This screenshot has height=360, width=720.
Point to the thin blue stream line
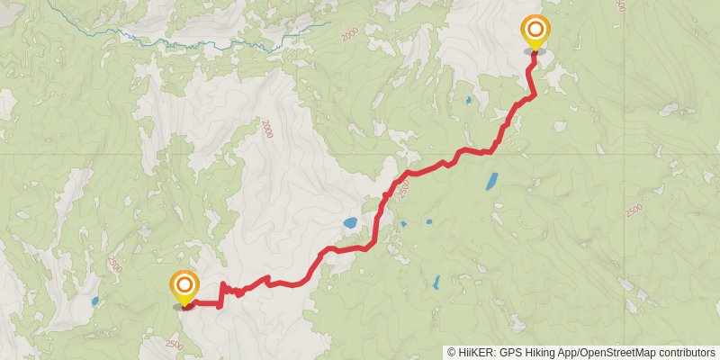coord(180,41)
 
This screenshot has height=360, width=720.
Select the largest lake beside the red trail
coord(350,222)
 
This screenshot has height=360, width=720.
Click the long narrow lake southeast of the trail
coord(491,180)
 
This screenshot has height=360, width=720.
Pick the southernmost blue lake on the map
coord(436,283)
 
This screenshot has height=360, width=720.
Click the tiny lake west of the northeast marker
coord(469,100)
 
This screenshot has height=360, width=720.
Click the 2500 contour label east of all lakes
coord(633,210)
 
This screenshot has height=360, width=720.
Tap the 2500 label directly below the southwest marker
coord(175,344)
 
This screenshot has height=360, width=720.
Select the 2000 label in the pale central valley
coord(266,130)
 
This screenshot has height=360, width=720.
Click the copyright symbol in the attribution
coord(452,353)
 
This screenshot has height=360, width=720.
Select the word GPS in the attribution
coord(509,353)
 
